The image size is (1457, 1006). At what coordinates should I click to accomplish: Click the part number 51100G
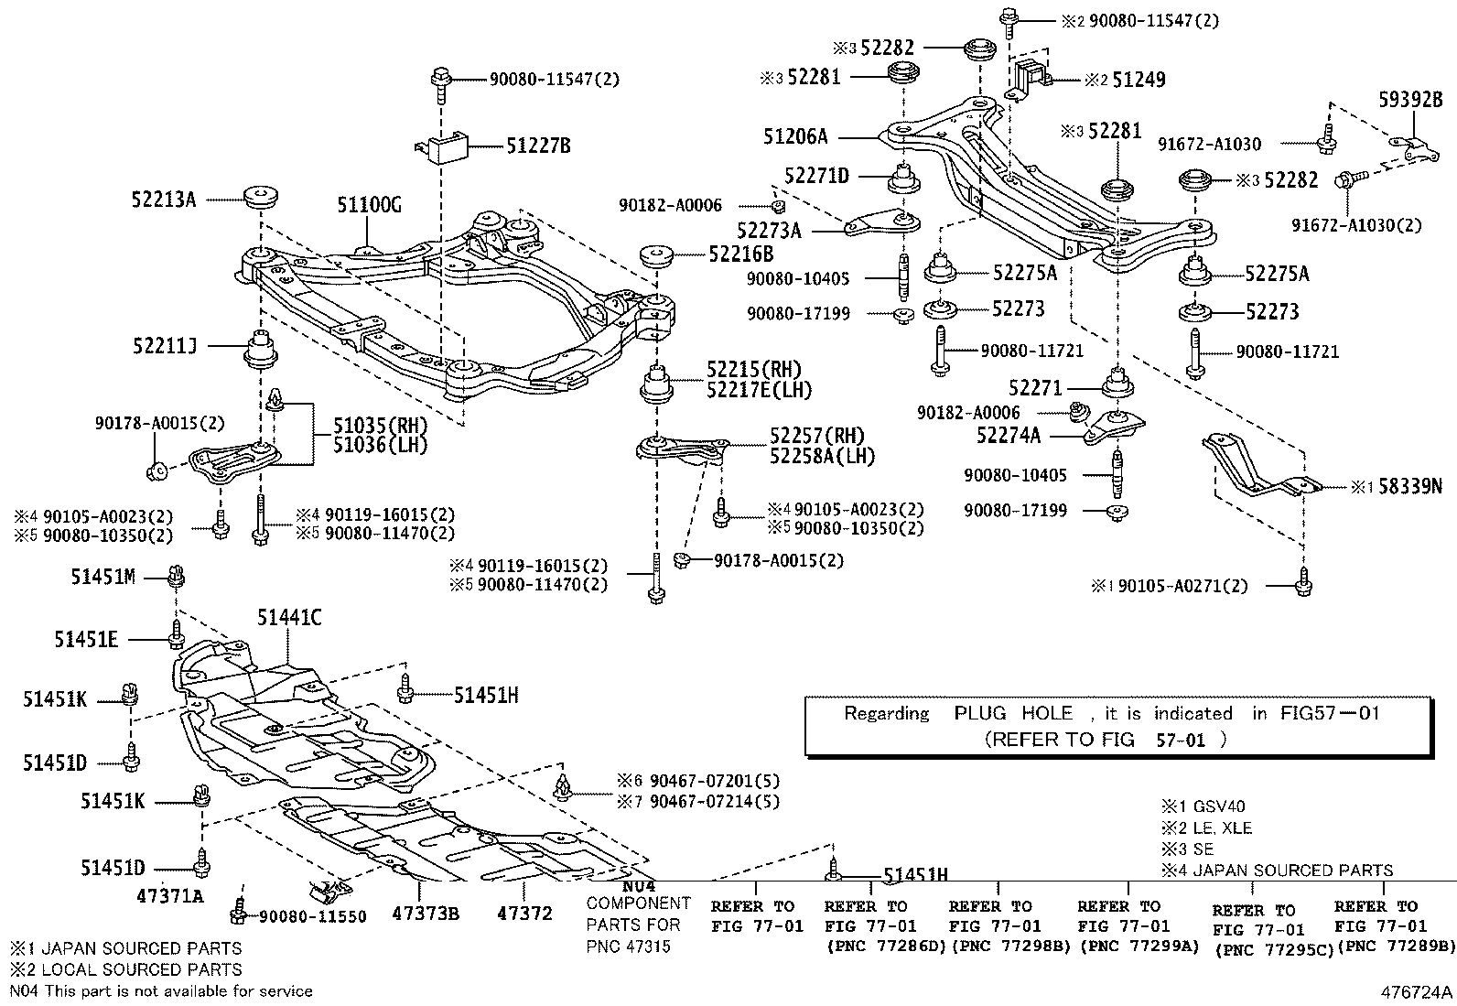coord(368,204)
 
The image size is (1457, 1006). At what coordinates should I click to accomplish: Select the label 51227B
coord(538,145)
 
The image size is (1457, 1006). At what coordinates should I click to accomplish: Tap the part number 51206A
coord(794,137)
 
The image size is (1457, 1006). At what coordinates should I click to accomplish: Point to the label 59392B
coord(1410,100)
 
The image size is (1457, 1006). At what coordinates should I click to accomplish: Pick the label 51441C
coord(288,618)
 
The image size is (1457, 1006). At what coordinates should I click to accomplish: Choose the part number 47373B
coord(426,914)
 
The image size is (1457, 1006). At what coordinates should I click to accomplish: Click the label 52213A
coord(164,199)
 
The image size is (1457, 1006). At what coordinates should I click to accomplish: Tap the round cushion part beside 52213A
coord(262,198)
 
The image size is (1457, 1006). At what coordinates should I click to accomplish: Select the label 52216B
coord(739,254)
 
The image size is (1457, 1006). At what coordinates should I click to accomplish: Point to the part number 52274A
coord(1008,437)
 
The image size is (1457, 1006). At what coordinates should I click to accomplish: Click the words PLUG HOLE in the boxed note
coord(1013,713)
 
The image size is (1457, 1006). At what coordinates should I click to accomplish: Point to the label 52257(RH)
coord(816,436)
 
